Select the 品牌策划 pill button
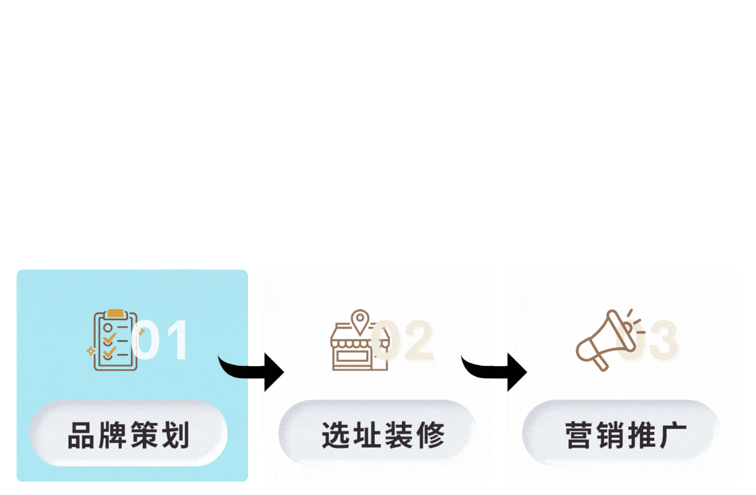click(x=128, y=435)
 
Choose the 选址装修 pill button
click(x=377, y=435)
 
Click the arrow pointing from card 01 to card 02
click(x=253, y=370)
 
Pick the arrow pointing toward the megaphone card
click(x=496, y=370)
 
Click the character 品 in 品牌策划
click(x=81, y=436)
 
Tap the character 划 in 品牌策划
click(x=176, y=436)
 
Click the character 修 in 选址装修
click(x=431, y=436)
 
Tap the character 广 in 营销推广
click(x=673, y=436)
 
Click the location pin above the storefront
click(x=360, y=320)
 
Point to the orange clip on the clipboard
click(x=115, y=313)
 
